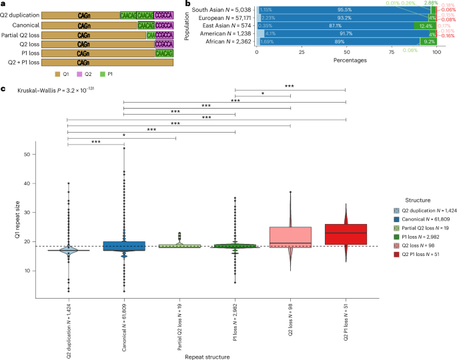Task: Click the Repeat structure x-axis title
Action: click(206, 356)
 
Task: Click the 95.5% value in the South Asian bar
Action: click(345, 10)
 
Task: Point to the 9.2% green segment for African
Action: click(428, 41)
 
